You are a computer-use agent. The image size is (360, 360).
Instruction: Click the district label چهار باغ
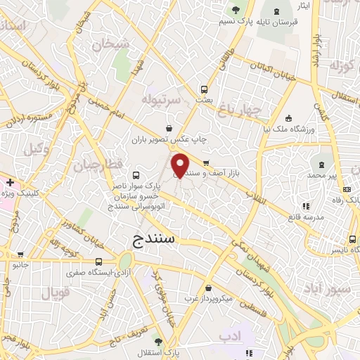[x=238, y=109]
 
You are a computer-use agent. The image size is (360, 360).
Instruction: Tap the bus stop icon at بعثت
[x=205, y=89]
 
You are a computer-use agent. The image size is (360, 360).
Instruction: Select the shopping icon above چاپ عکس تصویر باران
[x=169, y=128]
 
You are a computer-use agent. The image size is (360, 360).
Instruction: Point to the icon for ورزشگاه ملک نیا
[x=288, y=117]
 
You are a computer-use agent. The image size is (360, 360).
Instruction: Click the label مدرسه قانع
[x=305, y=217]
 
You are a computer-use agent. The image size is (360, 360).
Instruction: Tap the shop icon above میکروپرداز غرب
[x=210, y=288]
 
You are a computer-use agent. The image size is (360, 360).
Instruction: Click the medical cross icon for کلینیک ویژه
[x=10, y=181]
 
